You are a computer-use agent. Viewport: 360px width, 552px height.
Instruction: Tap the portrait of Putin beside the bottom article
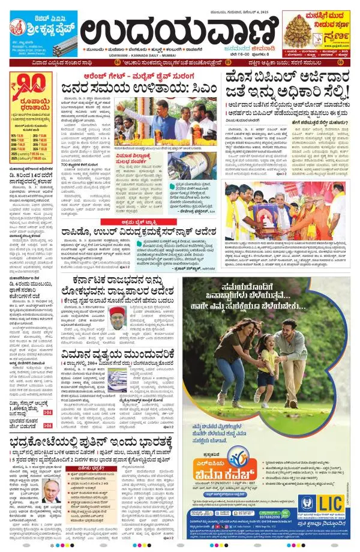coord(51,490)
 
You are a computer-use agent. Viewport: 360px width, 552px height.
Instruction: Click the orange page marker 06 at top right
coord(341,62)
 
